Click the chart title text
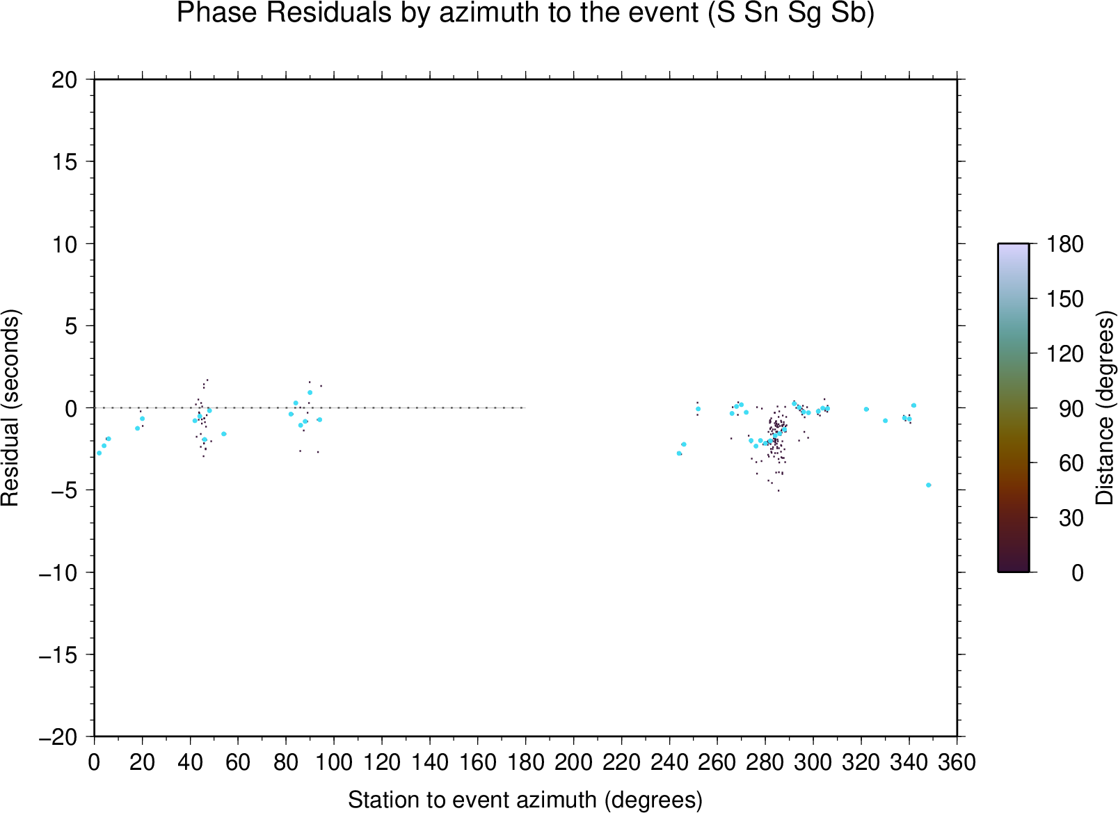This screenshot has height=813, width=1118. (x=525, y=13)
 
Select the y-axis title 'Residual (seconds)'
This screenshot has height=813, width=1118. (x=10, y=408)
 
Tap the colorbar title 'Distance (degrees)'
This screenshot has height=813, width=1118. (x=1104, y=408)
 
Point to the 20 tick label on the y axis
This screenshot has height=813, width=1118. (x=65, y=80)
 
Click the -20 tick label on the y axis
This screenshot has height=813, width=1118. (x=58, y=737)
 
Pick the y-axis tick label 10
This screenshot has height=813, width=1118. (x=65, y=245)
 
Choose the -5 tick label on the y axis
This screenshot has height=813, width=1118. (x=58, y=490)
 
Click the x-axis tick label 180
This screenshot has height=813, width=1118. (x=525, y=763)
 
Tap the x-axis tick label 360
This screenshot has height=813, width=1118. (x=957, y=763)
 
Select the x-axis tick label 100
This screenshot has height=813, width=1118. (x=334, y=763)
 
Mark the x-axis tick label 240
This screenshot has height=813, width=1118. (x=669, y=763)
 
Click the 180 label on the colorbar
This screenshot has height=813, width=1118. (x=1064, y=244)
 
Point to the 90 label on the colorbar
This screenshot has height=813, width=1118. (x=1071, y=409)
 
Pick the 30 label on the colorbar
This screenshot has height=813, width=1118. (x=1071, y=518)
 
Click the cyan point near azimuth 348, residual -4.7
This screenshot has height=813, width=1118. (x=928, y=485)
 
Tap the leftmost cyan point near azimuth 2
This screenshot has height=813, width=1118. (x=99, y=453)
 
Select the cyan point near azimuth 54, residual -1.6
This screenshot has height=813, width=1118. (x=223, y=434)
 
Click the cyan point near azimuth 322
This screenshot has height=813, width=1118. (x=866, y=409)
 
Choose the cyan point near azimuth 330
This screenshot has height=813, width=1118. (x=886, y=421)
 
